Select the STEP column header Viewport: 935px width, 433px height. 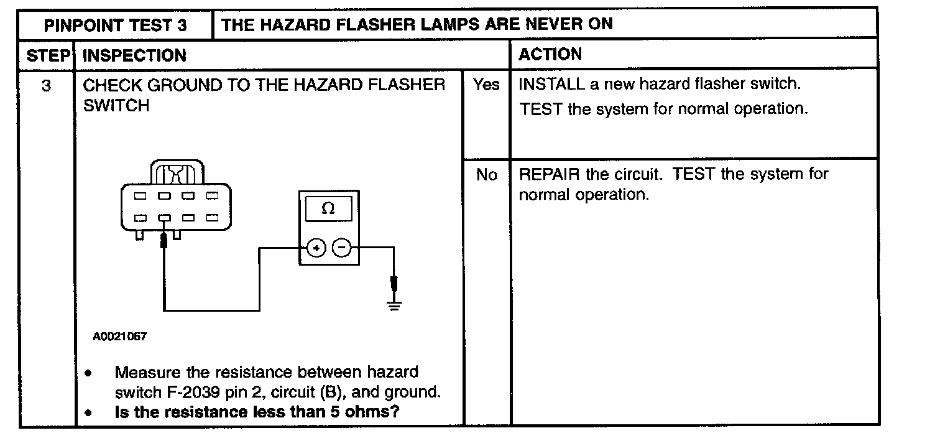pyautogui.click(x=47, y=55)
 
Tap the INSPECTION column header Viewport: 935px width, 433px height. pyautogui.click(x=134, y=55)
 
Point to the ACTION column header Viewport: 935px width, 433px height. pyautogui.click(x=550, y=54)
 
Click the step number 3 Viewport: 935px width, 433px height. pyautogui.click(x=47, y=85)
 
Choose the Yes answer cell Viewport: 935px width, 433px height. pyautogui.click(x=486, y=85)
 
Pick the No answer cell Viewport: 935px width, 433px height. pyautogui.click(x=486, y=175)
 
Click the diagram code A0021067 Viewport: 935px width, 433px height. pyautogui.click(x=119, y=337)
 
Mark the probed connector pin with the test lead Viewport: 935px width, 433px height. pyautogui.click(x=164, y=218)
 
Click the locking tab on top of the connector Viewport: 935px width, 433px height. pyautogui.click(x=177, y=172)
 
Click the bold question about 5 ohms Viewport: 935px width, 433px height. pyautogui.click(x=257, y=412)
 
